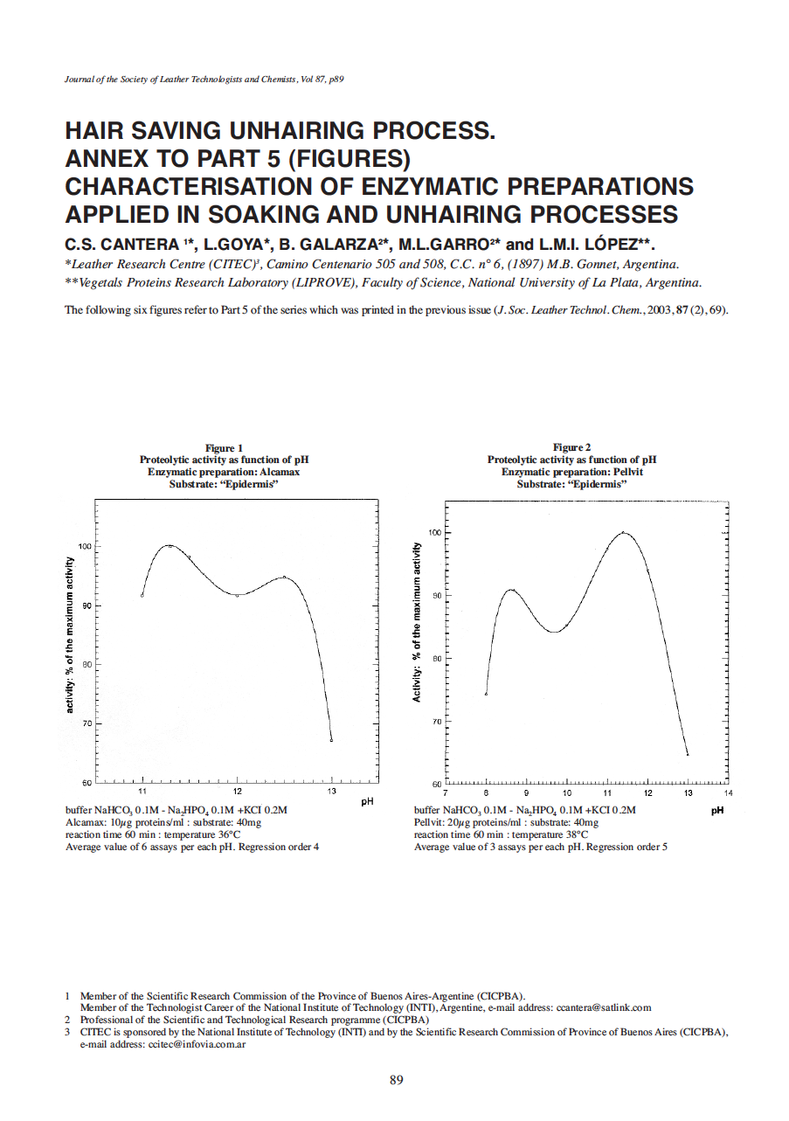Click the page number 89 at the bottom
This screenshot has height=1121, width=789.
[396, 1080]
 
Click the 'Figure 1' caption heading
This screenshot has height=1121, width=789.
[224, 447]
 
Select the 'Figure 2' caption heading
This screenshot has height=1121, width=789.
[571, 447]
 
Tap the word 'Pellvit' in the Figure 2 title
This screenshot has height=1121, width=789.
[626, 471]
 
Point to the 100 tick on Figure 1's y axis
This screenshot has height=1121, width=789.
[85, 546]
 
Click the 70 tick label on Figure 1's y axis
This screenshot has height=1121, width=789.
[86, 723]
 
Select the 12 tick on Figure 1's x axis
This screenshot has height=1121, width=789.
[237, 792]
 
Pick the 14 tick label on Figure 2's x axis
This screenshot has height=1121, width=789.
[728, 793]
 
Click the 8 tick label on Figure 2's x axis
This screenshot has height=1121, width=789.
[486, 793]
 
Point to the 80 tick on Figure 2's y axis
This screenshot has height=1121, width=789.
[435, 659]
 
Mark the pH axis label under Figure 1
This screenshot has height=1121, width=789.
[368, 800]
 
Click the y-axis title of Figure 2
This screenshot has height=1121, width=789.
[418, 621]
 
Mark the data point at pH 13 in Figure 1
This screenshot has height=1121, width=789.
[331, 740]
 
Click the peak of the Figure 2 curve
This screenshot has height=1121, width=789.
[624, 532]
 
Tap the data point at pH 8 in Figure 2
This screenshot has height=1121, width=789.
[486, 694]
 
